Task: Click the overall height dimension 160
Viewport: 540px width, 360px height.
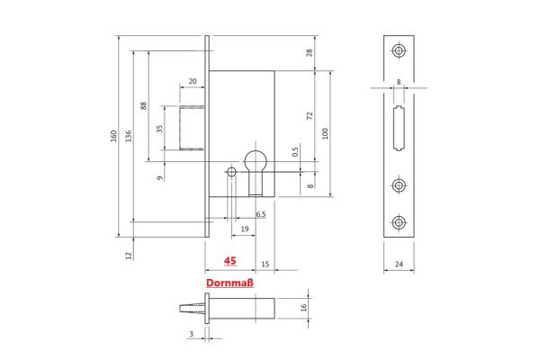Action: tap(113, 135)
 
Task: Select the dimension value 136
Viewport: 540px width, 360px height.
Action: tap(129, 135)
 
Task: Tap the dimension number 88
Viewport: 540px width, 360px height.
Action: tap(144, 105)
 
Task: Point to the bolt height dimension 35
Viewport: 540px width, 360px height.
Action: tap(160, 129)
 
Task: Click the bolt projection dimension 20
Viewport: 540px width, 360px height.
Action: tap(193, 82)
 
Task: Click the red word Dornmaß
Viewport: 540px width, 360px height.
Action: tap(229, 283)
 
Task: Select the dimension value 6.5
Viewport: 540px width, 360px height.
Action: tap(260, 214)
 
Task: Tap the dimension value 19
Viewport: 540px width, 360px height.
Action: tap(244, 229)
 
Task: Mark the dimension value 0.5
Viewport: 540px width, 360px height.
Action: tap(294, 151)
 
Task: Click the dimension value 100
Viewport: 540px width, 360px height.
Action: tap(325, 133)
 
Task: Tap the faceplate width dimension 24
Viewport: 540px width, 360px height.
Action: tap(399, 265)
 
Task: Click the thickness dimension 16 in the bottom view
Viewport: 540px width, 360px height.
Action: tap(303, 308)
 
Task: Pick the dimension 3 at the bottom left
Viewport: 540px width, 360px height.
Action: tap(192, 333)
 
